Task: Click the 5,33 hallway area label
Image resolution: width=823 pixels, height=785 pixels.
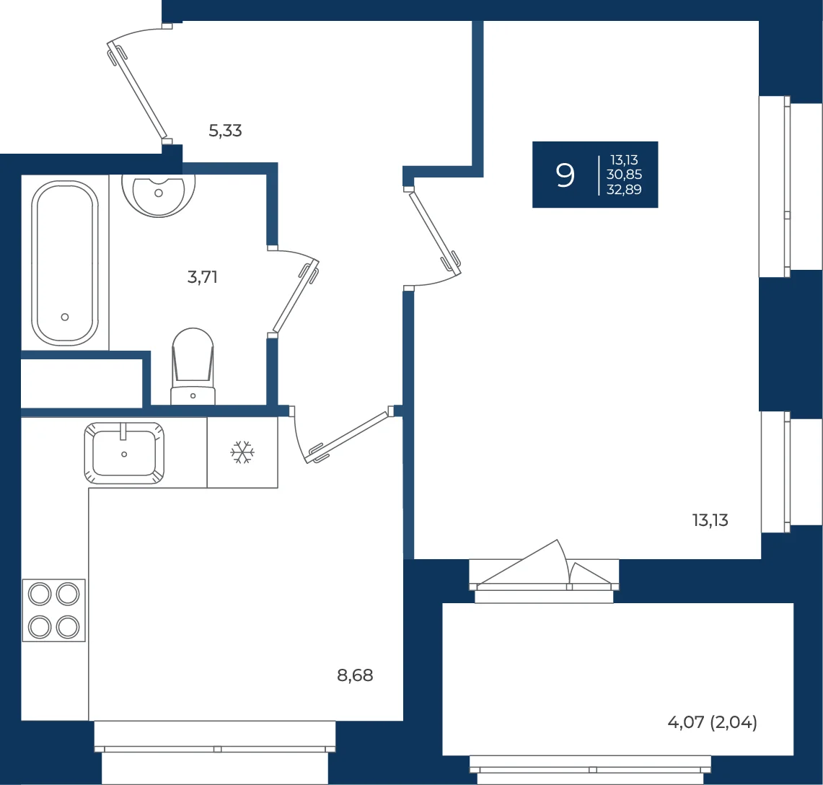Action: click(x=225, y=130)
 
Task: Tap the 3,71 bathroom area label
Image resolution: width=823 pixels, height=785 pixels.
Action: click(x=203, y=277)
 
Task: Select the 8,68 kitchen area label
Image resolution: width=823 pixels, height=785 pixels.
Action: click(x=355, y=675)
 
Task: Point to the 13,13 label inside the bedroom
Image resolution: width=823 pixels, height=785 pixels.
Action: click(x=710, y=519)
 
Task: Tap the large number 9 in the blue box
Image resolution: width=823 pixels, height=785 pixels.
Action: click(x=565, y=175)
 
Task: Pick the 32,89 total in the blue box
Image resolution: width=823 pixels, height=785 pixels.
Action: click(x=624, y=190)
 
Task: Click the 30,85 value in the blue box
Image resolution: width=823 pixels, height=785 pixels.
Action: click(x=624, y=175)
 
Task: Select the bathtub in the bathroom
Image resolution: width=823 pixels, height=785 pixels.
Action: click(x=65, y=263)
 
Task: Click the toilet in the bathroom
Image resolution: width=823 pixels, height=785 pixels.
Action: click(x=193, y=367)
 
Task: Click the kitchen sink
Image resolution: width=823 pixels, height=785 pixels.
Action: click(x=124, y=452)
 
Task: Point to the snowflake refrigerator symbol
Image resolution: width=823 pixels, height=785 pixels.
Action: click(x=242, y=452)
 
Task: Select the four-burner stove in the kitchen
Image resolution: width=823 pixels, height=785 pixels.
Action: click(x=53, y=610)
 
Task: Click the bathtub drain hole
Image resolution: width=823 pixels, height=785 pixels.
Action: click(x=65, y=317)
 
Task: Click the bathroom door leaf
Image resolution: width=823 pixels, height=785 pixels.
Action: click(x=296, y=297)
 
